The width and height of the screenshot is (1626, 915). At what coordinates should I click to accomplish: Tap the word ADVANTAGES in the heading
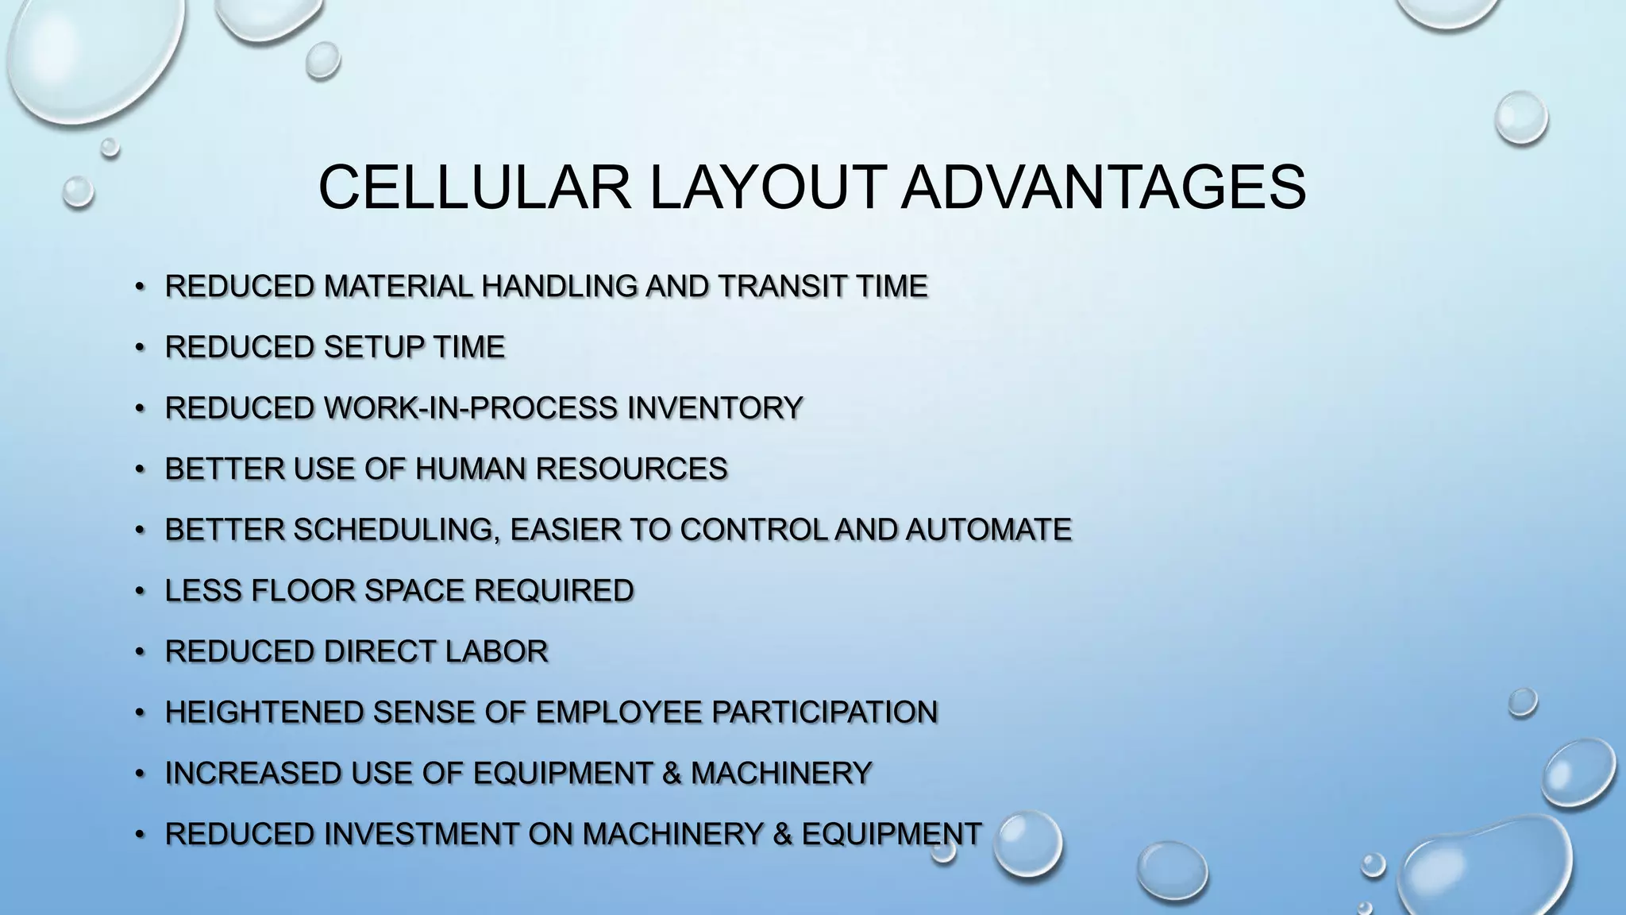pyautogui.click(x=1103, y=187)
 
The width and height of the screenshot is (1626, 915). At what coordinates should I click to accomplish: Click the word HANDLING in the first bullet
pyautogui.click(x=559, y=286)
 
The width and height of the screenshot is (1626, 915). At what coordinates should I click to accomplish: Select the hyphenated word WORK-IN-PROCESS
pyautogui.click(x=471, y=408)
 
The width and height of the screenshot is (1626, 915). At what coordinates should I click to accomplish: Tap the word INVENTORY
pyautogui.click(x=715, y=408)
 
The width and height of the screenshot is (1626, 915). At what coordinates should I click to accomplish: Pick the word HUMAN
pyautogui.click(x=470, y=469)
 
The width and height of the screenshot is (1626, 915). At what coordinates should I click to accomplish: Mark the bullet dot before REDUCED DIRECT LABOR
pyautogui.click(x=140, y=652)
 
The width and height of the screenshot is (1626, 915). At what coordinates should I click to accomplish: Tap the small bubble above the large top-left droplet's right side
pyautogui.click(x=322, y=60)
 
